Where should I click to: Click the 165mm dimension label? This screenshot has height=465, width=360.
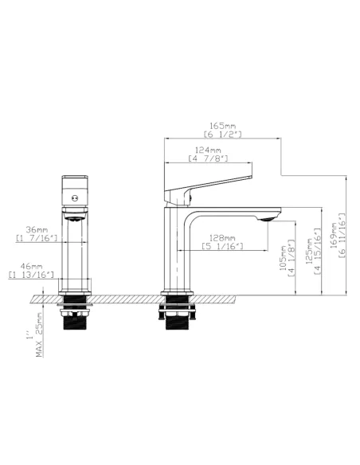click(223, 126)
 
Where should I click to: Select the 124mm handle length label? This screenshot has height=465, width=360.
click(208, 150)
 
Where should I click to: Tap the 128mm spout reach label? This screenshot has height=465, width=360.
click(222, 238)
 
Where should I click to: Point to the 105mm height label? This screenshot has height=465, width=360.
click(284, 258)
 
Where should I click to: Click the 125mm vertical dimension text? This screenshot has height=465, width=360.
click(310, 251)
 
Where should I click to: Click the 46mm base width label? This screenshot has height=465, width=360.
click(31, 267)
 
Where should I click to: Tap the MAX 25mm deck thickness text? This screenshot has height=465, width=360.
click(39, 334)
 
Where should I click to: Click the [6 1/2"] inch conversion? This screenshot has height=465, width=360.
click(223, 135)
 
